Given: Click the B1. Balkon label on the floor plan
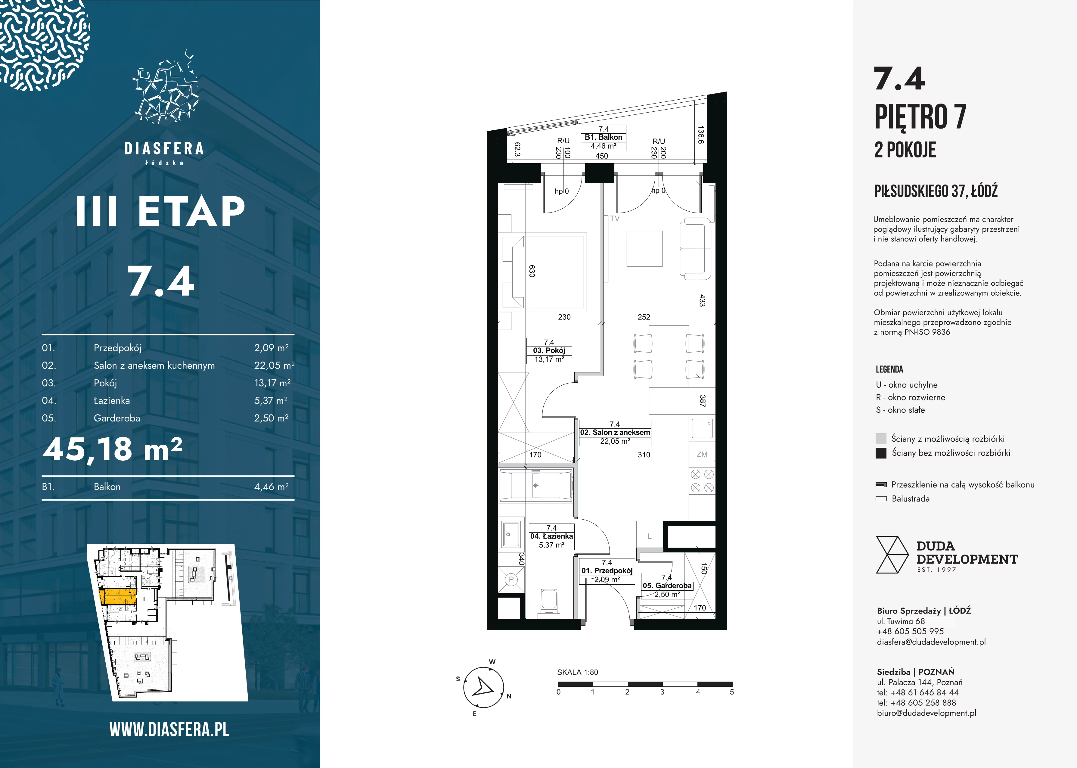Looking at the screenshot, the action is click(603, 138).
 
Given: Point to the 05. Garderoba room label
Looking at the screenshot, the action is click(667, 586).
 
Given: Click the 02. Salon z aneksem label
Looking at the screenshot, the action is click(615, 433).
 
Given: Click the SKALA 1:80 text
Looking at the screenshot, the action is click(578, 672).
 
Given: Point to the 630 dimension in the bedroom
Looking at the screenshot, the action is click(532, 271).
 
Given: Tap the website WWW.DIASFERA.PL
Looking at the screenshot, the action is click(169, 730).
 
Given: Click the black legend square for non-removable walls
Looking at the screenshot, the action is click(881, 453).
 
